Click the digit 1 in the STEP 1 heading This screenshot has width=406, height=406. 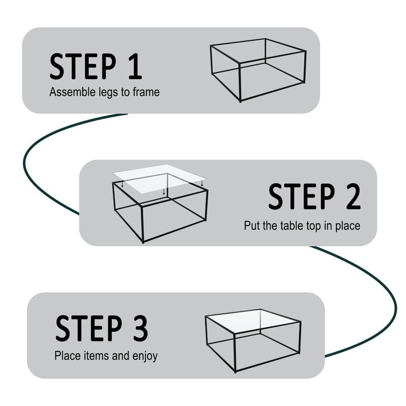135,66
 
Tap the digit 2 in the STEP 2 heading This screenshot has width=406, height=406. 353,196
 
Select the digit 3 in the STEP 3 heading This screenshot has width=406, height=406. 141,328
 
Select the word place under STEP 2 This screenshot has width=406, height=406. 348,226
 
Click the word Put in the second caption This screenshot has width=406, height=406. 252,225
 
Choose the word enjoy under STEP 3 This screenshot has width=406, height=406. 145,357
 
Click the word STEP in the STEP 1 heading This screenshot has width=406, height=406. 83,66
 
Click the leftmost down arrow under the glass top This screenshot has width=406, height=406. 122,184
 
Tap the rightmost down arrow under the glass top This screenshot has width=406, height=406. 202,183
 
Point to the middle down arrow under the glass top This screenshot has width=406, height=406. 163,192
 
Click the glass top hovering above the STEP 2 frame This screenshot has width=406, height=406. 160,179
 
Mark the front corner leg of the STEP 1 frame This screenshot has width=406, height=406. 240,82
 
